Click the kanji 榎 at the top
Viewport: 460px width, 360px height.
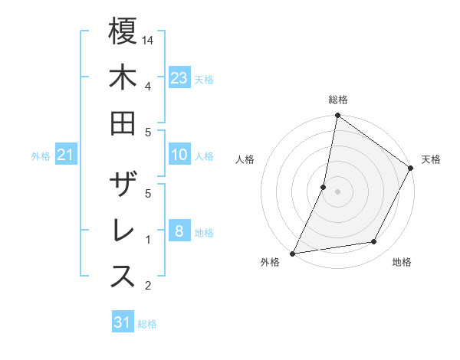pos(123,31)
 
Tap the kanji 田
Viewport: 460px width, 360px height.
pos(123,123)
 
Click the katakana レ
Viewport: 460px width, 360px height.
pos(123,231)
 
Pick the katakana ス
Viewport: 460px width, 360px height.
pos(123,277)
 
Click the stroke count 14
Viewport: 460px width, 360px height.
pos(149,40)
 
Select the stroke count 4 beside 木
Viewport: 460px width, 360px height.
pos(148,86)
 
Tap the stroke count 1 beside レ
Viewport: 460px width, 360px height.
pos(148,240)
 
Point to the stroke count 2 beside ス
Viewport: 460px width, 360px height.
pos(148,286)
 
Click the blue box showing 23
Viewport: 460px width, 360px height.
pos(179,77)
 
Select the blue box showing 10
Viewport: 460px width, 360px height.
pos(179,155)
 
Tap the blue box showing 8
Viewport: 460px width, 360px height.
pos(179,231)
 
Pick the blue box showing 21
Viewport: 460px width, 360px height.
pos(66,155)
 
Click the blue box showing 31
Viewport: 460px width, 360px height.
pos(123,322)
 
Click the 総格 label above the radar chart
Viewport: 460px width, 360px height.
pos(338,100)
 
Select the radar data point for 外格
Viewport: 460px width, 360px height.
pos(292,253)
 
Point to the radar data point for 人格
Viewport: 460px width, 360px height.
pos(324,187)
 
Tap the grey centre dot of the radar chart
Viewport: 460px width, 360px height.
pos(338,191)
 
